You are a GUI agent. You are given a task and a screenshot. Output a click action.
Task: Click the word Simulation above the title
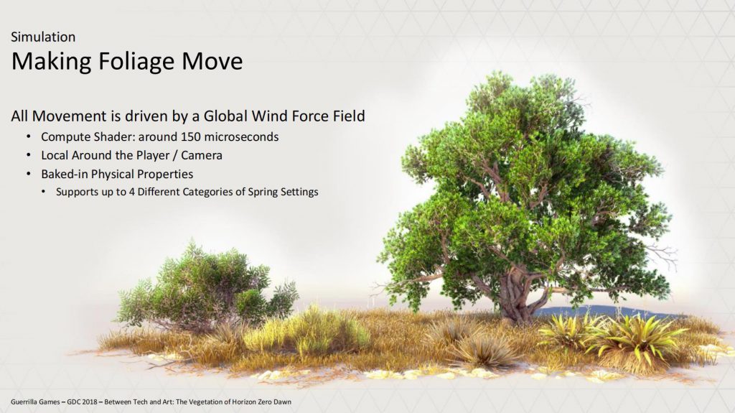tap(43, 37)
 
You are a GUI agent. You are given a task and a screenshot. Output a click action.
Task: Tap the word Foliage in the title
tap(136, 62)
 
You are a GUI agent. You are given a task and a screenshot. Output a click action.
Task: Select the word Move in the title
tap(212, 61)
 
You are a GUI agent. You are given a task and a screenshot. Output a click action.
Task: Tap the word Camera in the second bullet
tap(202, 155)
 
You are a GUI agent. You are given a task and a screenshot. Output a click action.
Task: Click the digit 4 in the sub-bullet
tap(132, 192)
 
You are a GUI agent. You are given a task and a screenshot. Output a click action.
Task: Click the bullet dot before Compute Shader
tap(29, 136)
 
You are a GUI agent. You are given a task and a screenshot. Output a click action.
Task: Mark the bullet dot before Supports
tap(44, 192)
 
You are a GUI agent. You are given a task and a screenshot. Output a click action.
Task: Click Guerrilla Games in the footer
tap(35, 402)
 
